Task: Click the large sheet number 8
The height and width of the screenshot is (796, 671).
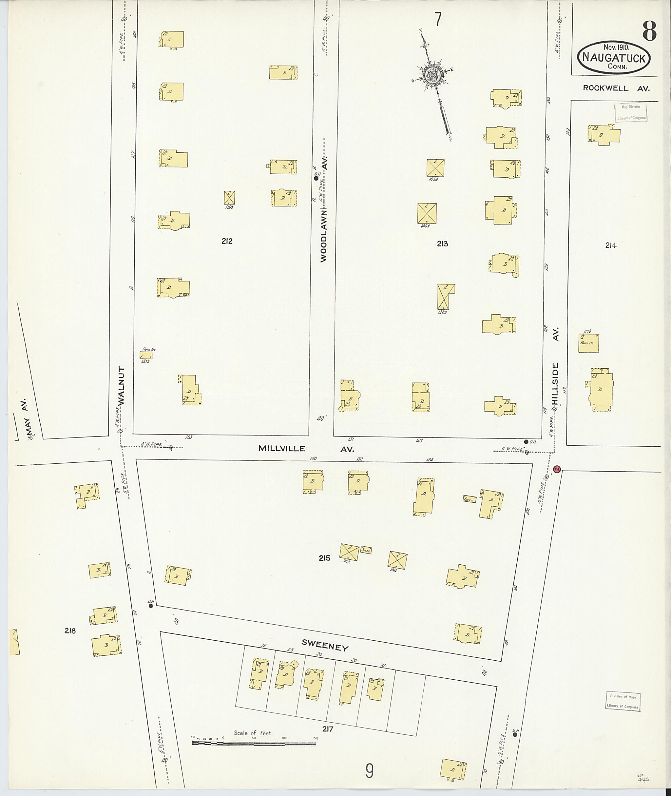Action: tap(649, 31)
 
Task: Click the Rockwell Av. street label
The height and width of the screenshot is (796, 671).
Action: tap(616, 88)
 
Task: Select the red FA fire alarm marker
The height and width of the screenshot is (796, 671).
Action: tap(557, 469)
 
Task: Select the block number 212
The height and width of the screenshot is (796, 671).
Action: tap(227, 241)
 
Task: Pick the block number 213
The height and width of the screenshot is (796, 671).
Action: tap(442, 244)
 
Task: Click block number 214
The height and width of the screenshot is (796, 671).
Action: tap(610, 246)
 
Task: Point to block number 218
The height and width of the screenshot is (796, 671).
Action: tap(70, 631)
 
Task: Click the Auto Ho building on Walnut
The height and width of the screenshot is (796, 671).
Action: tap(146, 355)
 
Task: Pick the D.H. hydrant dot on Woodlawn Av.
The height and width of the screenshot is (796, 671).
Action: tap(316, 178)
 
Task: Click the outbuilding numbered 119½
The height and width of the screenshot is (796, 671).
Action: tap(229, 198)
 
